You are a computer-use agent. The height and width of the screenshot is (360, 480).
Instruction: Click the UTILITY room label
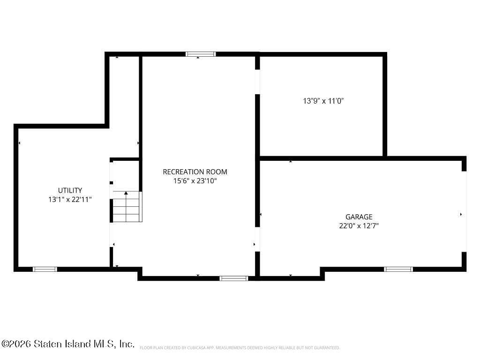(70, 190)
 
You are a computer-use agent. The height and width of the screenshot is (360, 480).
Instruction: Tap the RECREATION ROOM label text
(195, 172)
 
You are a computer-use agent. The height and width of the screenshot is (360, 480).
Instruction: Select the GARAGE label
(359, 217)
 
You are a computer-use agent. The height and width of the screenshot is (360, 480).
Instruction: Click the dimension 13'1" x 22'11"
(70, 199)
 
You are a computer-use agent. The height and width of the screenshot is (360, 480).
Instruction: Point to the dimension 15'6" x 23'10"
(195, 181)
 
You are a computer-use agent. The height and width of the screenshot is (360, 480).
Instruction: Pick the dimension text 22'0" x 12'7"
(359, 225)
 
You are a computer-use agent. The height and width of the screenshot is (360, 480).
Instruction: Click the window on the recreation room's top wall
(201, 54)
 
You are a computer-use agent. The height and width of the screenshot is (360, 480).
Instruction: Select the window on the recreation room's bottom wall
(233, 278)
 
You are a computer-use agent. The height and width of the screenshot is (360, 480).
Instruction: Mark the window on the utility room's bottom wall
(45, 269)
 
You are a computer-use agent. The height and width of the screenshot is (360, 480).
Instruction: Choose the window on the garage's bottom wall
(398, 269)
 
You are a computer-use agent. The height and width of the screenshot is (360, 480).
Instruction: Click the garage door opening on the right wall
(464, 211)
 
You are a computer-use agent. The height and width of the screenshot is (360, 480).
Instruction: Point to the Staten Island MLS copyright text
(67, 344)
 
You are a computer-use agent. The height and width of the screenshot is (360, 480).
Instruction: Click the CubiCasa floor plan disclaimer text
(240, 348)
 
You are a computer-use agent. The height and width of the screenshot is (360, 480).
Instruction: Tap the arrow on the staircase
(126, 193)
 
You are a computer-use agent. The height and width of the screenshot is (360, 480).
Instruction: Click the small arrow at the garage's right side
(461, 214)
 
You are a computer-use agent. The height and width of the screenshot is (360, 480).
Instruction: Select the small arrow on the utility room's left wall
(19, 143)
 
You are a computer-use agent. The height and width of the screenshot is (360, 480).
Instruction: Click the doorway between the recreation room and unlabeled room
(257, 82)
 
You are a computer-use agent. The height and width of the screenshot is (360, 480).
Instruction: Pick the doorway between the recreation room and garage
(257, 239)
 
